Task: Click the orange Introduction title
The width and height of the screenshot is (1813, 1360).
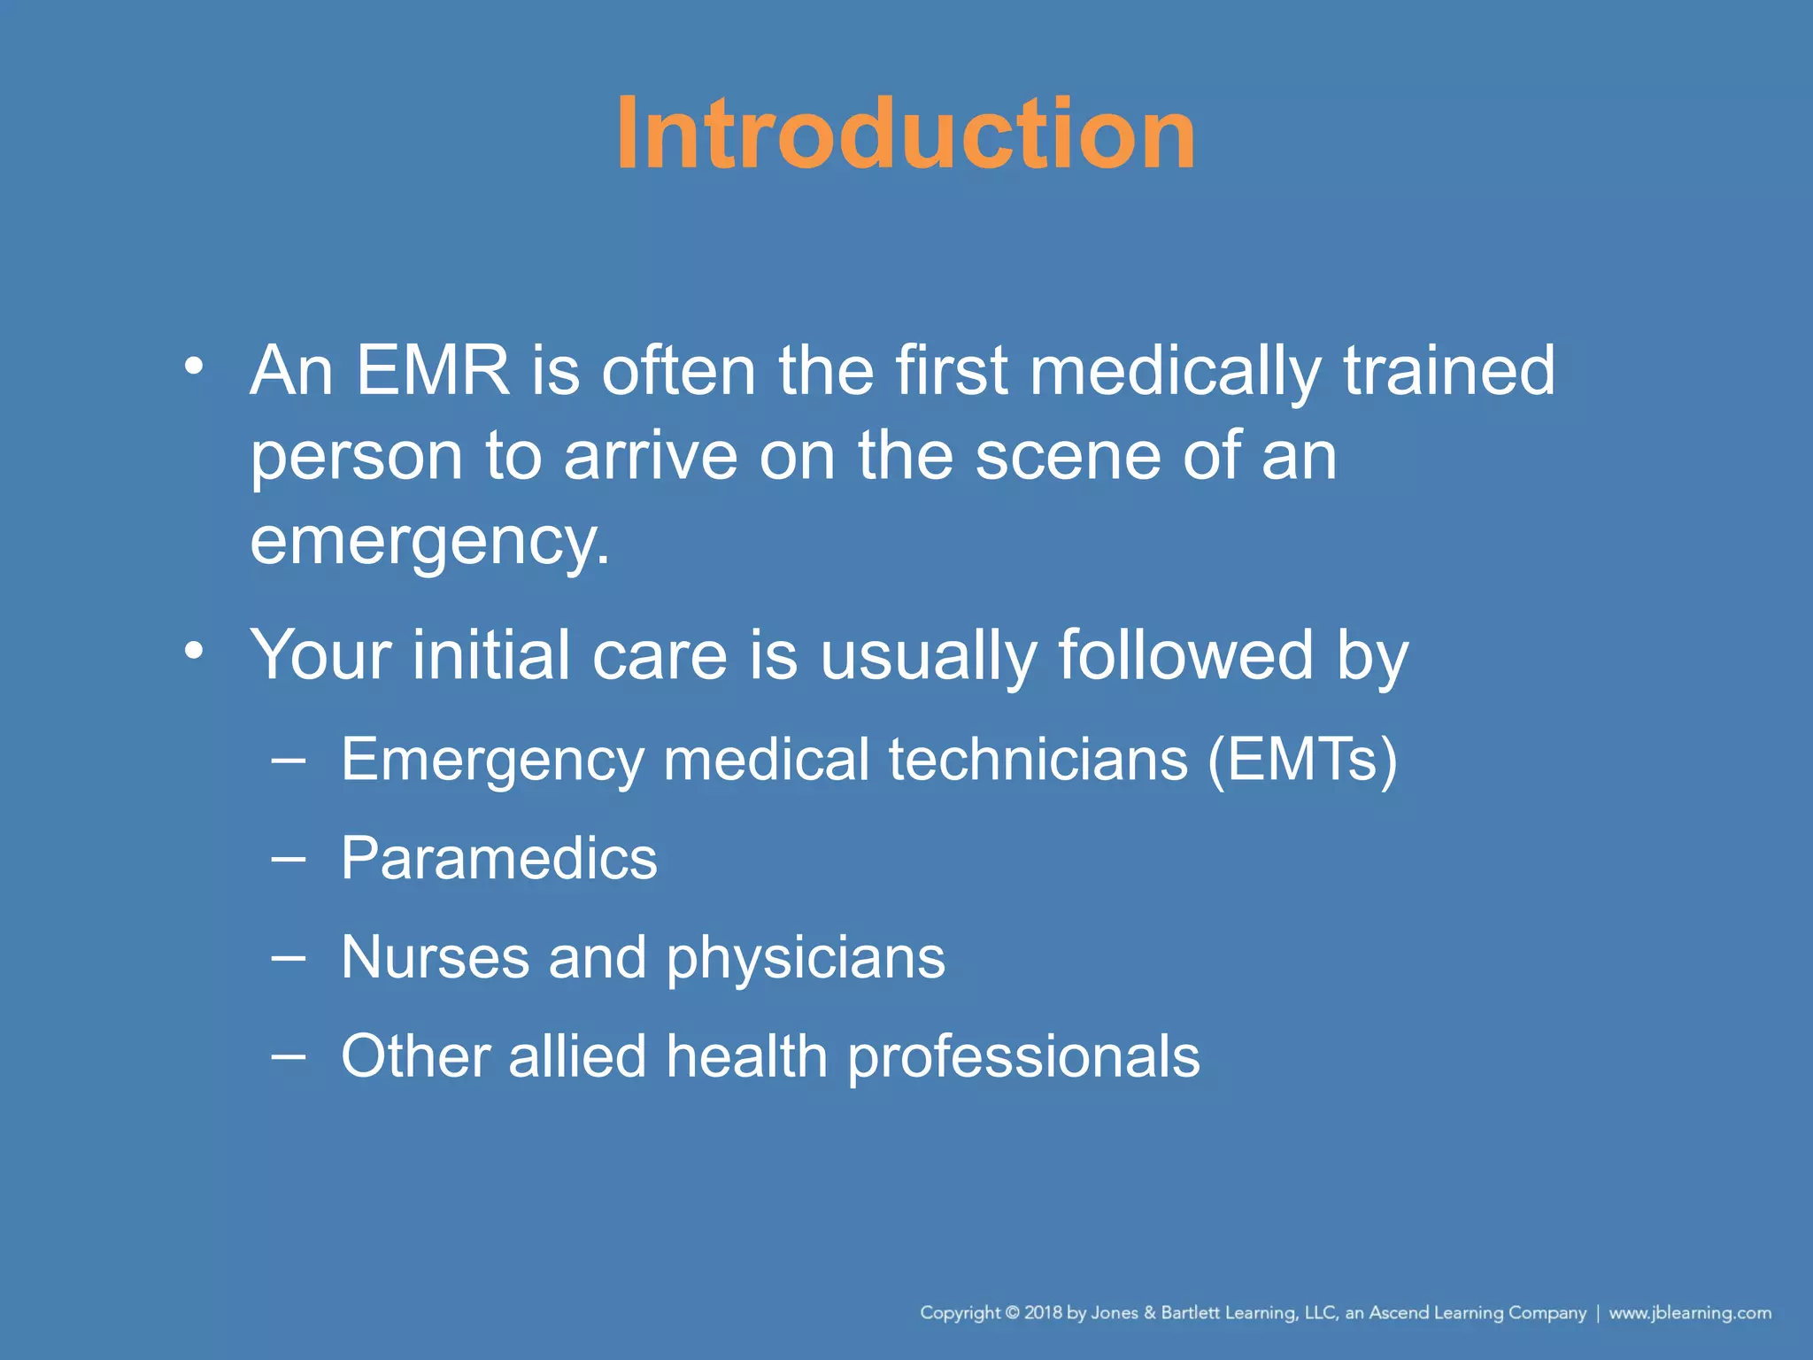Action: (906, 135)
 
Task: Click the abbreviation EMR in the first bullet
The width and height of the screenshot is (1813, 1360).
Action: (433, 370)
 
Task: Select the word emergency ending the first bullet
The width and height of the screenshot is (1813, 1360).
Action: (429, 542)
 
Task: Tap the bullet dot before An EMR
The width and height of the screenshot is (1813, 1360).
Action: (194, 365)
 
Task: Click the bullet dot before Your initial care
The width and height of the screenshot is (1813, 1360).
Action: (194, 651)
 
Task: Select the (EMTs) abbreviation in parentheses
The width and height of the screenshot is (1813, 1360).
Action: (1302, 760)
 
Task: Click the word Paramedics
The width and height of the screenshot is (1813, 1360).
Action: (499, 859)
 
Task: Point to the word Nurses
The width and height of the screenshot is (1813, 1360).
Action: (434, 958)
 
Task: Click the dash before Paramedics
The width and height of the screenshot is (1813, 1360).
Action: (289, 858)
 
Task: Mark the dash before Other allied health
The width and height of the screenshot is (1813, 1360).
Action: (289, 1055)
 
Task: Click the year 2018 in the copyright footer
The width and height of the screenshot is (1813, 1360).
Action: (1043, 1313)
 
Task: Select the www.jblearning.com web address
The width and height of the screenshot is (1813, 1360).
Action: (1689, 1313)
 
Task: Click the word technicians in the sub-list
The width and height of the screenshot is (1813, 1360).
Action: (1038, 760)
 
